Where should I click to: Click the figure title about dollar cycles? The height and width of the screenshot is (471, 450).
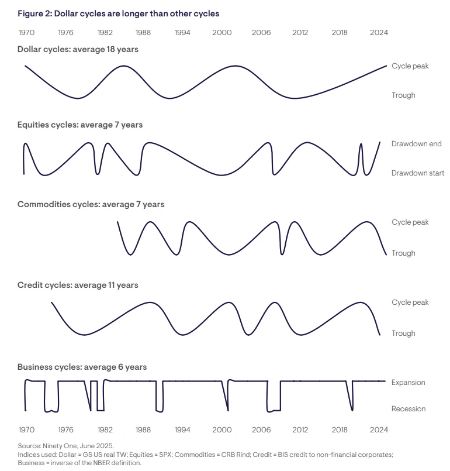[x=118, y=13]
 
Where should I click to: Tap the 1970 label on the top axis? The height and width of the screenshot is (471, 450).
[x=26, y=33]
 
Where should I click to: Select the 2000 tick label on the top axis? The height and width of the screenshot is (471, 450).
[x=222, y=33]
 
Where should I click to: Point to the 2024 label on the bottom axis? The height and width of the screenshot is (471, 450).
[x=379, y=429]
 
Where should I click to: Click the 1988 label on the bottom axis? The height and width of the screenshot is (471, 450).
[x=143, y=429]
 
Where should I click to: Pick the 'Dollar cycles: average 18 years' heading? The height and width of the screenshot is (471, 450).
[x=78, y=50]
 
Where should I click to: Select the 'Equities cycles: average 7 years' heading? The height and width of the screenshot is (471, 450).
[x=80, y=125]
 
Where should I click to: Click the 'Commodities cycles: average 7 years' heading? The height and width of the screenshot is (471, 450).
[x=91, y=204]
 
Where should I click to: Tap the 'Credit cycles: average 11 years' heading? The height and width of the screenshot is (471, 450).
[x=78, y=285]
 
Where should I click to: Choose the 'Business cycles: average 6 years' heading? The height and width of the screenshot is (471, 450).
[x=82, y=367]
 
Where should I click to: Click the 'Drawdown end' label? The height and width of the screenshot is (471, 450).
[x=416, y=144]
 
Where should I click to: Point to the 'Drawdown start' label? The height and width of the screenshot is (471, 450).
[x=418, y=173]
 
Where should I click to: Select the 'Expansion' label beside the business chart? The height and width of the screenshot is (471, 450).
[x=408, y=383]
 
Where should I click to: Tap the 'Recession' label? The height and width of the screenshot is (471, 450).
[x=409, y=409]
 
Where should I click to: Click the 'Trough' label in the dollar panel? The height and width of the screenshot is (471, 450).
[x=403, y=95]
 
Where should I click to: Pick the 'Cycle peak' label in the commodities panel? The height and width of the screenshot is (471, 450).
[x=410, y=222]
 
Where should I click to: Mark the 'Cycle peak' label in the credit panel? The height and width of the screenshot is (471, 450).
[x=410, y=302]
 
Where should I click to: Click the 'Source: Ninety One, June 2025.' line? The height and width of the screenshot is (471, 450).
[x=65, y=446]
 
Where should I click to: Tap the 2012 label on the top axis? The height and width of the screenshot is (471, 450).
[x=300, y=33]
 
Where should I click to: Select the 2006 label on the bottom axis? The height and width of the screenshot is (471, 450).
[x=261, y=429]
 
